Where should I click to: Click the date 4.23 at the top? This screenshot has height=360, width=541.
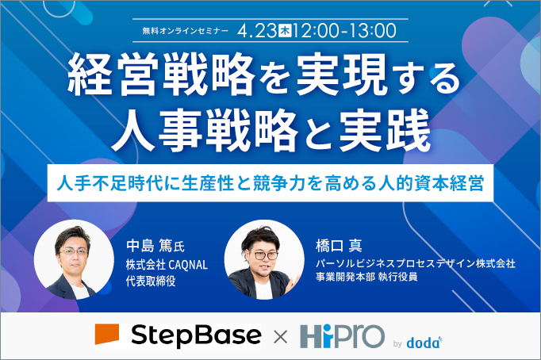tap(256, 32)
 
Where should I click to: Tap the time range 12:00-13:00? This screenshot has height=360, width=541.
tap(344, 32)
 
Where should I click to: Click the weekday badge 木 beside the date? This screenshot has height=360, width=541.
tap(284, 32)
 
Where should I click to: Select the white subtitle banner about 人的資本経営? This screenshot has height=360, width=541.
tap(270, 179)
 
